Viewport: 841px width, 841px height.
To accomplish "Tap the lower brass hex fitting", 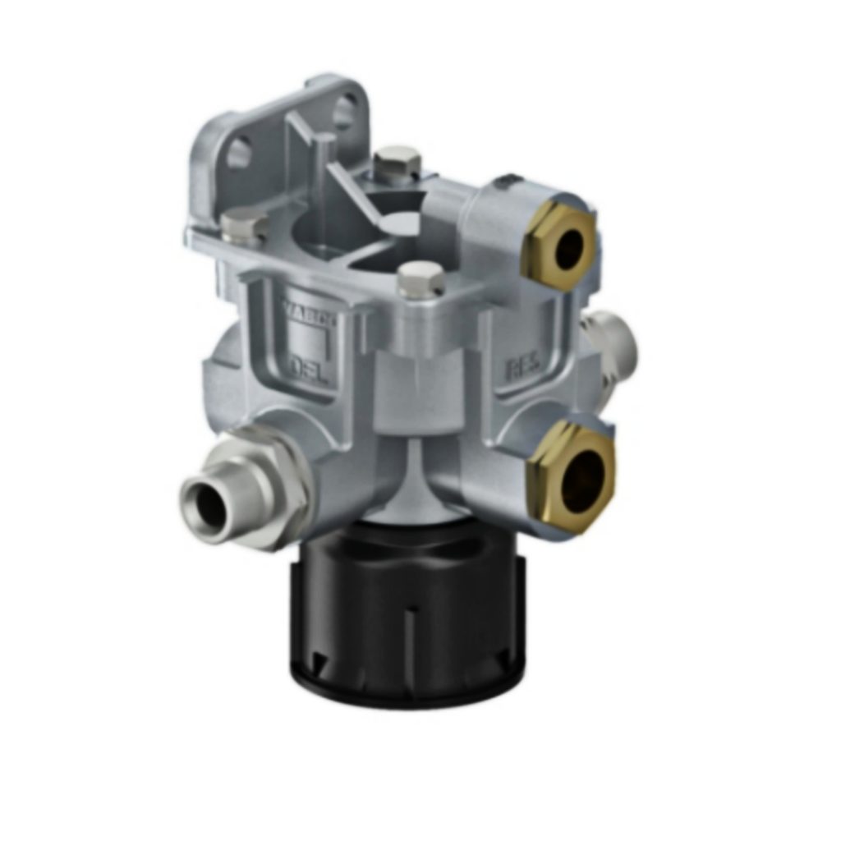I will coord(572,476).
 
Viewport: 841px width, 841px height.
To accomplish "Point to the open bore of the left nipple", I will coord(202,503).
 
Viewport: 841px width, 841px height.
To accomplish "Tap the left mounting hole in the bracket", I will coord(238,154).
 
